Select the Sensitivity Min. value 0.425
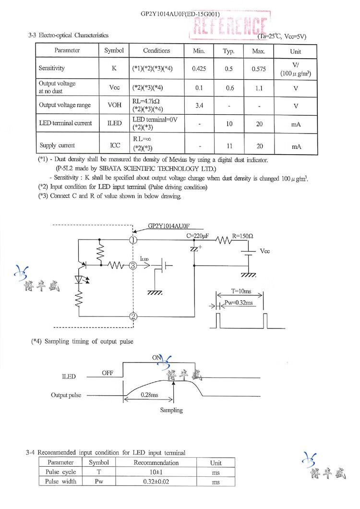click(x=199, y=69)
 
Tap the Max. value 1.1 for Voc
click(x=259, y=88)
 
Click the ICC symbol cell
click(x=114, y=145)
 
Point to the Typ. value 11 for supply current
click(x=229, y=145)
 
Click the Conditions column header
click(x=156, y=50)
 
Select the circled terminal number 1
click(x=133, y=240)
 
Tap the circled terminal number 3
click(x=133, y=265)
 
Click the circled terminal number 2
click(x=133, y=315)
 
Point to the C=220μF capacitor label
click(x=198, y=236)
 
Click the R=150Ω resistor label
click(x=242, y=236)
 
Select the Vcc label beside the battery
click(x=265, y=251)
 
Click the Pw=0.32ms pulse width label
click(x=239, y=303)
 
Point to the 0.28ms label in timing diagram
click(x=149, y=394)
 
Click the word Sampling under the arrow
click(x=171, y=410)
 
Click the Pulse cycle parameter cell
click(x=60, y=472)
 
